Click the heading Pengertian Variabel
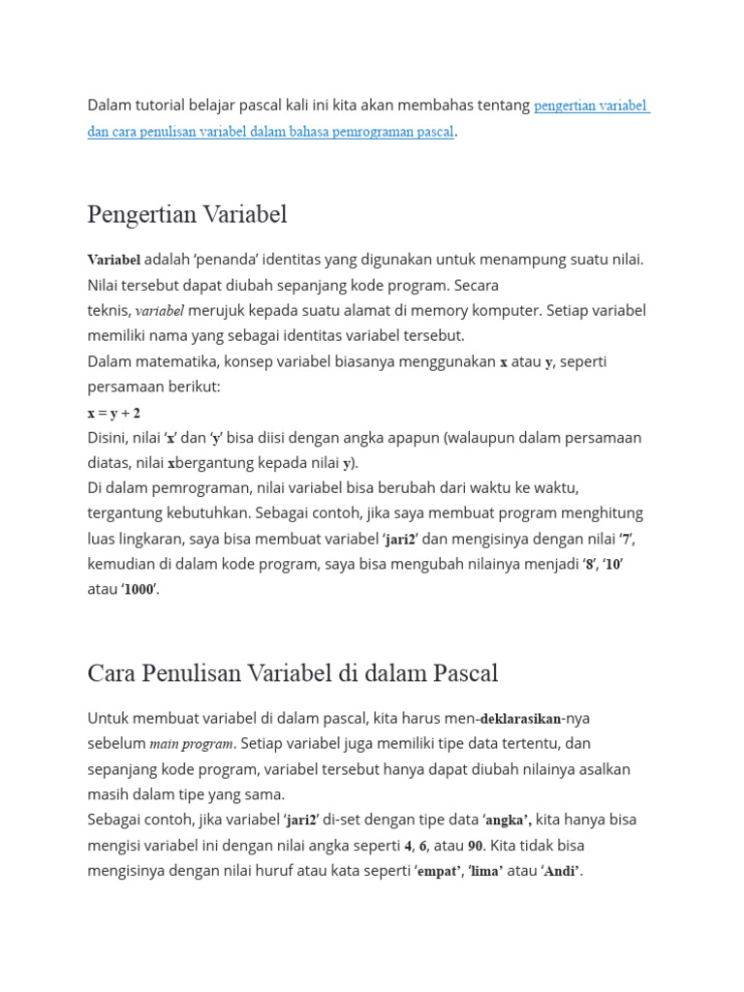point(187,214)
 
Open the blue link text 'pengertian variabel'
point(590,106)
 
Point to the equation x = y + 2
point(114,413)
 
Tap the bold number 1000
point(139,590)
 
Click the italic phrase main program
point(191,744)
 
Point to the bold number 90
point(476,846)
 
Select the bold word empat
point(438,872)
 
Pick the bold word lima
point(486,872)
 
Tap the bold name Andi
point(561,872)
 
